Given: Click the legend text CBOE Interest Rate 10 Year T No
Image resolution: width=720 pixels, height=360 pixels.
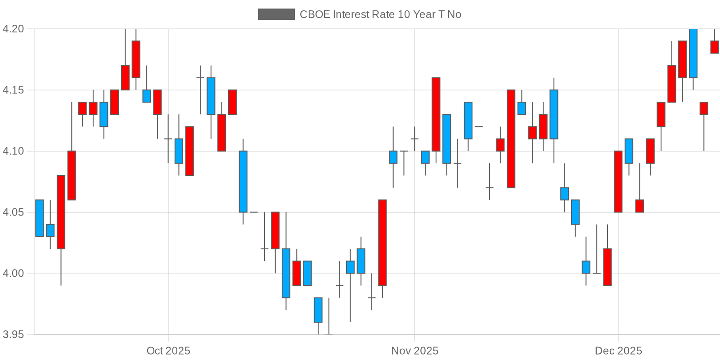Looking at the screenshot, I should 380,14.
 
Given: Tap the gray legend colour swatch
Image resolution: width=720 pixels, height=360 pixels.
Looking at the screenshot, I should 276,14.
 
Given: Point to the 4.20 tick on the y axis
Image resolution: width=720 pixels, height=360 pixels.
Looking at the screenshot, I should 13,29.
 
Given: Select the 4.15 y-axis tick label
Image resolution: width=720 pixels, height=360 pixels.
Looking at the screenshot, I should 13,90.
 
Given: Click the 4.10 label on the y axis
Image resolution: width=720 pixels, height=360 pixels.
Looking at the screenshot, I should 13,151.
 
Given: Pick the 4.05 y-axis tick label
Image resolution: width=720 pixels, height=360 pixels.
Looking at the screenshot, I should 13,212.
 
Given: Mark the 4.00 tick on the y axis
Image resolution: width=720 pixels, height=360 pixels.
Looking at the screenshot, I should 13,273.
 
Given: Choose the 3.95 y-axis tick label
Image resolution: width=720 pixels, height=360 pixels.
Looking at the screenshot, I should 13,334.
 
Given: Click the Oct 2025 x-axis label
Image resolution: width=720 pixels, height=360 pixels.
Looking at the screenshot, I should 168,351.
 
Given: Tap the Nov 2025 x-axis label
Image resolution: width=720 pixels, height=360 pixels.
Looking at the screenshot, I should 414,351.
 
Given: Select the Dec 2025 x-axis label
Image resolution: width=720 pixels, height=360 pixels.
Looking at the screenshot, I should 618,351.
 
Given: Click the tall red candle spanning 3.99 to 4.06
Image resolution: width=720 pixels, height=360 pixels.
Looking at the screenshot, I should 382,243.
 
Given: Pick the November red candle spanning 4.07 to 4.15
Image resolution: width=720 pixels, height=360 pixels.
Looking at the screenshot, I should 511,139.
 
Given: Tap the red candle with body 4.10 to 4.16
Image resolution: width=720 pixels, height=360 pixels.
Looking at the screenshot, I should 436,114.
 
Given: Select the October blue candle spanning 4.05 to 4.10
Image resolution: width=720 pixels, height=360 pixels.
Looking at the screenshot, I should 243,181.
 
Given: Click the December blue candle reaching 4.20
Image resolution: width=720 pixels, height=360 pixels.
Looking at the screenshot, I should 693,53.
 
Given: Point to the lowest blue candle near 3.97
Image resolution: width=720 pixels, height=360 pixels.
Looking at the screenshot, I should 318,310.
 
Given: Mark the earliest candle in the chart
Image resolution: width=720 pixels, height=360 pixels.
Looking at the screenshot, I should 40,218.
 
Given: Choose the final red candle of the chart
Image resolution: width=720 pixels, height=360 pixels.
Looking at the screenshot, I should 715,47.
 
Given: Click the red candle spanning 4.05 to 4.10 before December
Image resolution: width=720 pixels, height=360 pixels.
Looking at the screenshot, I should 618,181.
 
